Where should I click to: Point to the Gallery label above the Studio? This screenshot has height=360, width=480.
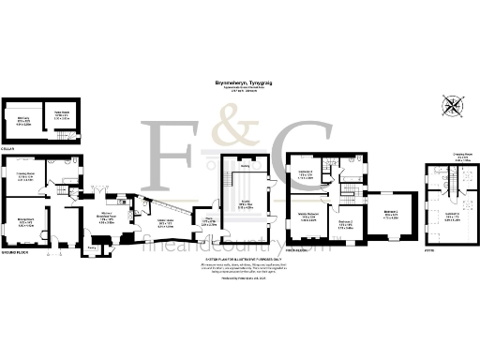tap(244, 167)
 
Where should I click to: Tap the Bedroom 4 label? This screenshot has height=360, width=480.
tap(389, 215)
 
